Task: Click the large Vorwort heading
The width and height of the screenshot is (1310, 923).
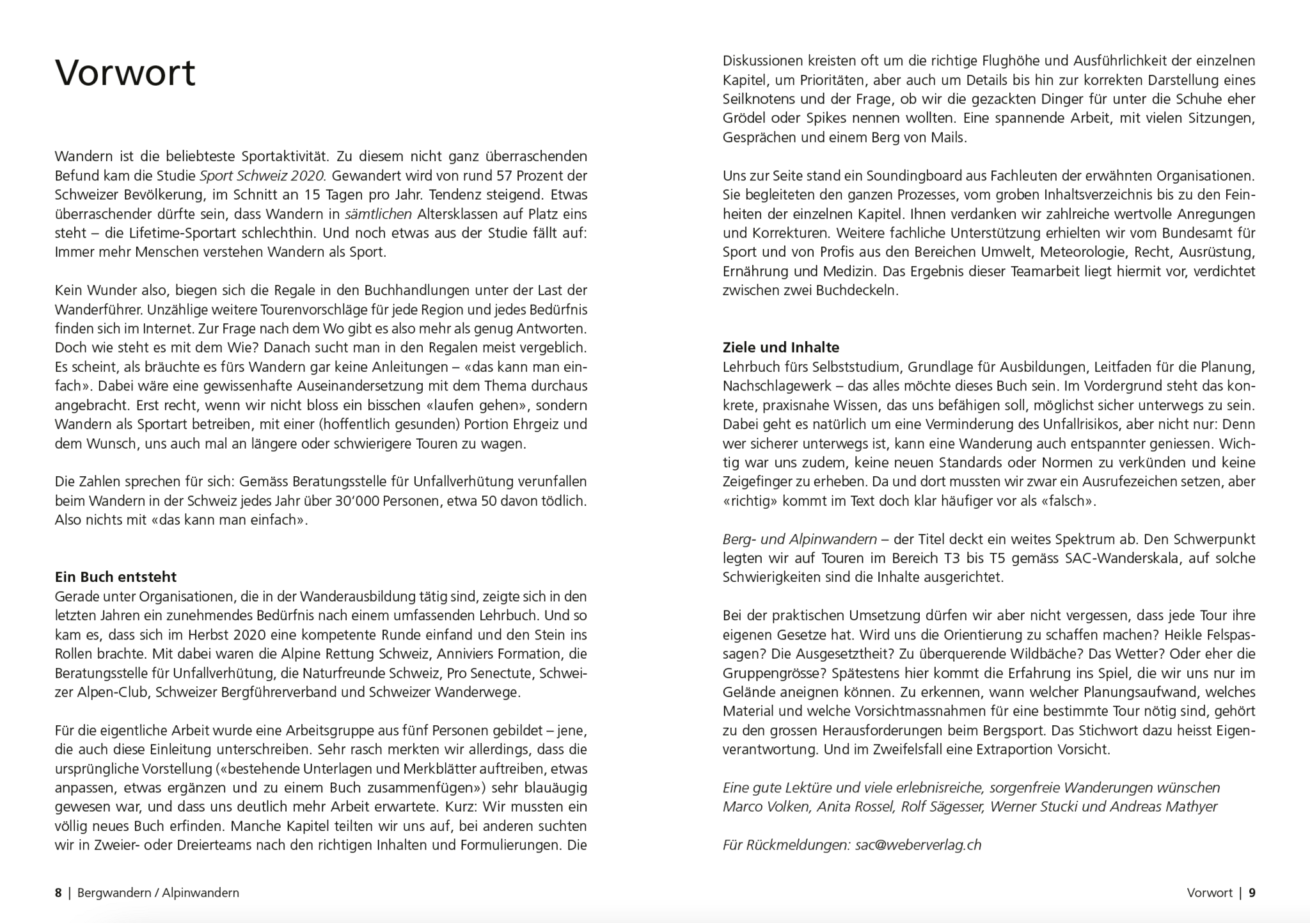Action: pyautogui.click(x=125, y=73)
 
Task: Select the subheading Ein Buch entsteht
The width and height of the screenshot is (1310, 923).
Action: pyautogui.click(x=116, y=577)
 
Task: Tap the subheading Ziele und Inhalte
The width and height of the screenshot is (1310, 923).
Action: pyautogui.click(x=780, y=348)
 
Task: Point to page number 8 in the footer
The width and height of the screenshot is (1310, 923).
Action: pyautogui.click(x=58, y=892)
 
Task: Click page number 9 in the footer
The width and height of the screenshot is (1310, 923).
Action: pyautogui.click(x=1252, y=892)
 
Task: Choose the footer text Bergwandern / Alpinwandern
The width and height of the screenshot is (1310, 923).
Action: pyautogui.click(x=158, y=892)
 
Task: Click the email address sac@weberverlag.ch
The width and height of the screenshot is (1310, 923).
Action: pyautogui.click(x=918, y=845)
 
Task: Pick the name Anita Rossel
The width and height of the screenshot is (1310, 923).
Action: pyautogui.click(x=855, y=807)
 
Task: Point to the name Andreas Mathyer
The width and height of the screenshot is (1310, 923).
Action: pyautogui.click(x=1164, y=807)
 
